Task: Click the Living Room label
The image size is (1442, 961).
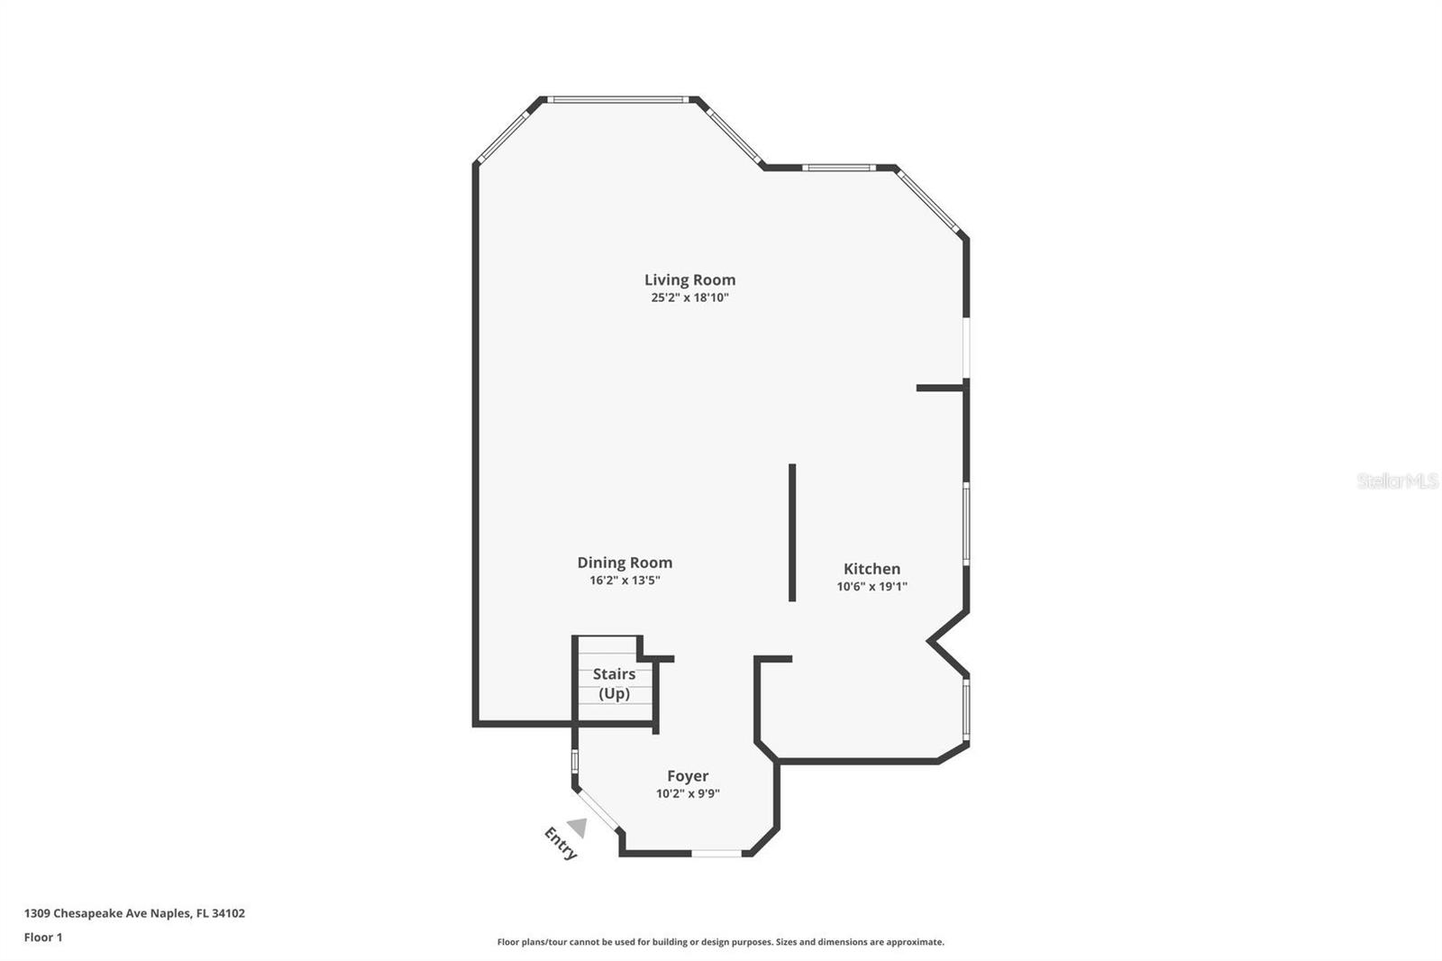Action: (x=689, y=280)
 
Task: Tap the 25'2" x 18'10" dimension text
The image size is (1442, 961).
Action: (x=689, y=297)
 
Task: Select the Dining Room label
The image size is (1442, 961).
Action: (x=625, y=563)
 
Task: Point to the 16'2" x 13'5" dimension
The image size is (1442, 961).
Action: (x=625, y=581)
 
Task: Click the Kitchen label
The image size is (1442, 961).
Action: (x=872, y=569)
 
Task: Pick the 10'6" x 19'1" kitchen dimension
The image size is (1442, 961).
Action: (x=872, y=586)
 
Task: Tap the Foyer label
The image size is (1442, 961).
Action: (x=688, y=776)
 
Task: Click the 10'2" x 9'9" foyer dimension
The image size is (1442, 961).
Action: (x=688, y=794)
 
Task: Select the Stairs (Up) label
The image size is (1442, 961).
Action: (x=614, y=683)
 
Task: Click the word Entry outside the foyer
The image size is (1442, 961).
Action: (x=560, y=844)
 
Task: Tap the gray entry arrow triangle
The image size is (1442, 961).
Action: (x=578, y=827)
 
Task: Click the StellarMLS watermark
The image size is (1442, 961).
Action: (x=1397, y=480)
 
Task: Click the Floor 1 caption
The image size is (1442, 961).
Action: (x=43, y=938)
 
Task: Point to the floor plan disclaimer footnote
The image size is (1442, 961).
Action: (x=720, y=942)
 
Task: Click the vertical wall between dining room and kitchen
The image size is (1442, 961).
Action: (x=792, y=532)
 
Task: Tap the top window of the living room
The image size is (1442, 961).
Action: (x=618, y=99)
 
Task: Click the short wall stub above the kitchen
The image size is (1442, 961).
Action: (x=940, y=388)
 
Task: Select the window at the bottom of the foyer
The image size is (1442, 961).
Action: (x=716, y=853)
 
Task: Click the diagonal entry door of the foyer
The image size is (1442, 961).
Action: (x=598, y=810)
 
